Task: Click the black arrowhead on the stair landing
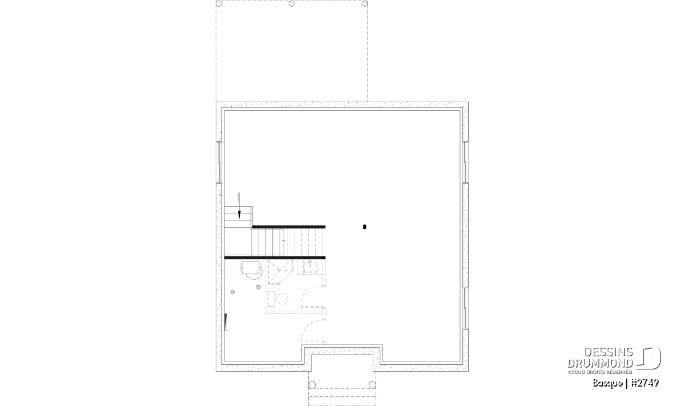pos(239,215)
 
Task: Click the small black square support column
pos(365,227)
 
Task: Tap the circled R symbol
pos(233,292)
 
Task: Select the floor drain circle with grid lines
pos(259,287)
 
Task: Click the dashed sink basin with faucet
pos(311,267)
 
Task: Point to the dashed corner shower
pos(280,272)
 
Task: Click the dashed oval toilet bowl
pos(282,299)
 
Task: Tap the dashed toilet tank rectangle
pos(272,299)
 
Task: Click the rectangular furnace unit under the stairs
pos(250,267)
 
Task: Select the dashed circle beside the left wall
pos(230,272)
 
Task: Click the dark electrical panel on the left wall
pos(226,322)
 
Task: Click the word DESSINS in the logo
pos(609,352)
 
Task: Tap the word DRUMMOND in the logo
pos(600,363)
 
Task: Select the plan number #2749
pos(645,383)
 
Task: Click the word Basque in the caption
pos(607,383)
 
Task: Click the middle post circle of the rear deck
pos(292,3)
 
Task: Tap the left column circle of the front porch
pos(312,384)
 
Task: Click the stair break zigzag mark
pos(284,242)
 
